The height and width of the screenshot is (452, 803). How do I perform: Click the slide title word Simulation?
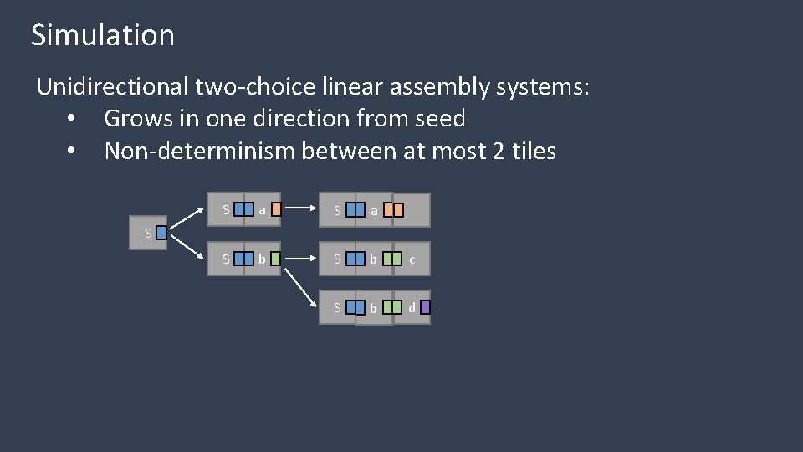(x=103, y=35)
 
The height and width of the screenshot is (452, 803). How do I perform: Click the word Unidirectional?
(x=113, y=86)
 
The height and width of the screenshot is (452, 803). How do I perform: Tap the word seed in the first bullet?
(x=438, y=119)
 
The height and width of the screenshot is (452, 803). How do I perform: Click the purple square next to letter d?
(x=425, y=307)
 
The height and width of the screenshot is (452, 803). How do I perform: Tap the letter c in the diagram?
(x=412, y=260)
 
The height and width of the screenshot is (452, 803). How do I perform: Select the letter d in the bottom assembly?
(x=412, y=307)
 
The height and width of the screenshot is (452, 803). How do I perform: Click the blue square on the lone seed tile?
(x=161, y=234)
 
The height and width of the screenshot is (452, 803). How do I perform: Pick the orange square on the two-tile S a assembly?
(x=277, y=210)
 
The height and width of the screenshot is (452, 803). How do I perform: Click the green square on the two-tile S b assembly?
(x=276, y=259)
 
